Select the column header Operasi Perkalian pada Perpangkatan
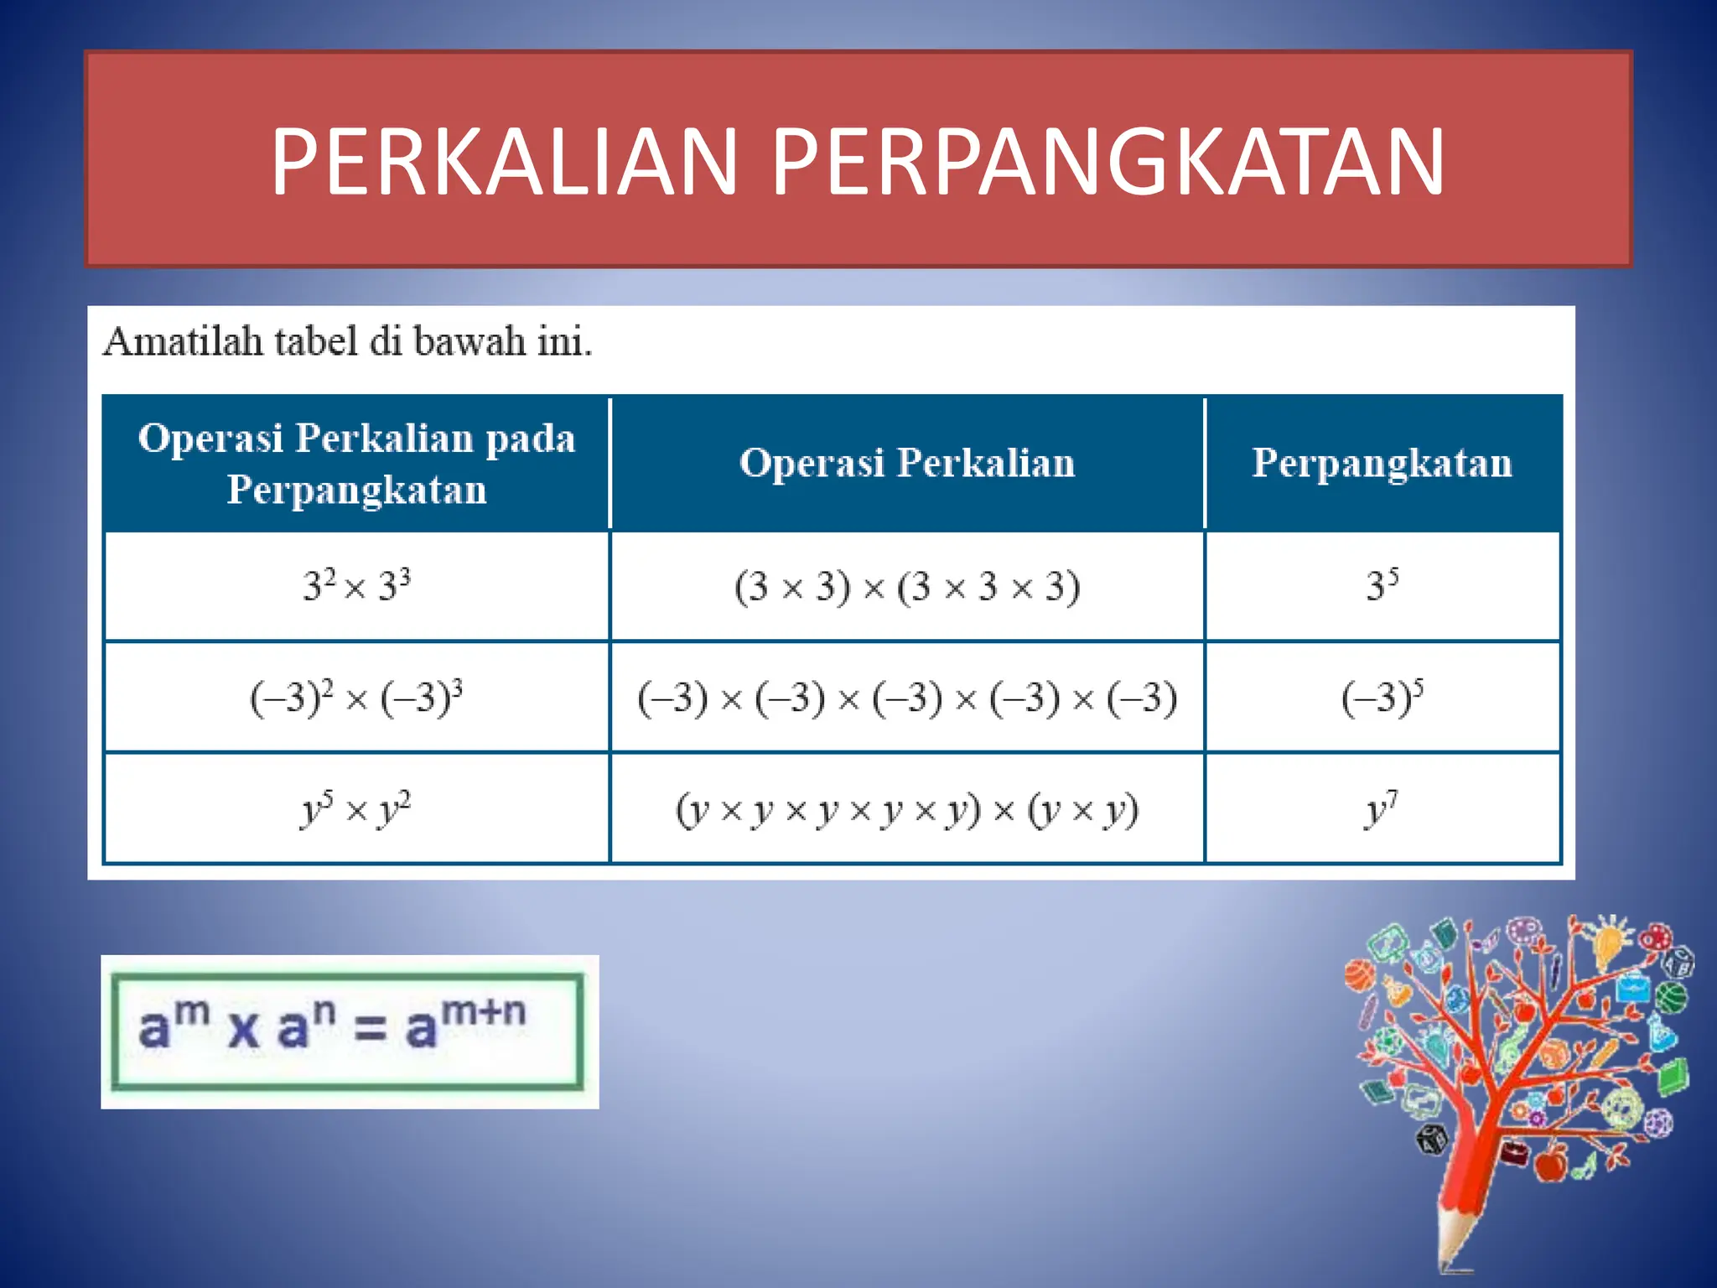(356, 463)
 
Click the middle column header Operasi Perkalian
(907, 463)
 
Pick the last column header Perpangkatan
(1382, 463)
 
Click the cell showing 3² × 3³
(356, 585)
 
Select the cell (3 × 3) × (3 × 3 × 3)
(907, 586)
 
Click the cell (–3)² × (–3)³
(356, 697)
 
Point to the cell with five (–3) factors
(907, 698)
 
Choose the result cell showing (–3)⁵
(1382, 697)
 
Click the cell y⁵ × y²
(356, 809)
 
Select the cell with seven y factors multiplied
(907, 809)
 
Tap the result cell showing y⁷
(1382, 809)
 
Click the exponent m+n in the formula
(484, 1011)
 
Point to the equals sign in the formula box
(370, 1030)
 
